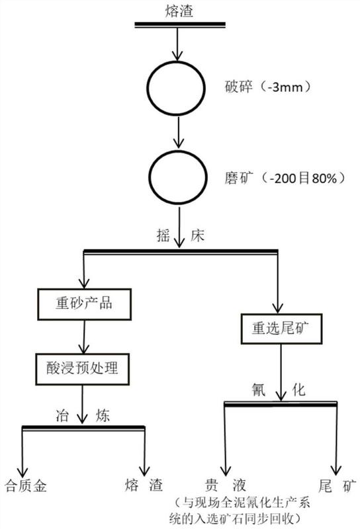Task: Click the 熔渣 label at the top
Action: [x=179, y=11]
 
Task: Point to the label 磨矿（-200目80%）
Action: [x=285, y=177]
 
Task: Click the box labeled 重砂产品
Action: [x=84, y=304]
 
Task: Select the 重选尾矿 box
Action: [x=281, y=329]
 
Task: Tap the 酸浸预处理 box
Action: [x=83, y=369]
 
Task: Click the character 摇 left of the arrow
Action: [x=163, y=235]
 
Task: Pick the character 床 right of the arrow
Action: [x=197, y=235]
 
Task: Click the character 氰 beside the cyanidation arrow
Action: [x=259, y=389]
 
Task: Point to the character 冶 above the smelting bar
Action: [x=62, y=415]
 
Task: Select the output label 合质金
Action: [x=26, y=486]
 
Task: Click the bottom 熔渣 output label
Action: [x=144, y=485]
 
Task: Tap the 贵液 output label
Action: [x=225, y=485]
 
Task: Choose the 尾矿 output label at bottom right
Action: [x=337, y=486]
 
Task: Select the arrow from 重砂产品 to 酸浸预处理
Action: [x=84, y=337]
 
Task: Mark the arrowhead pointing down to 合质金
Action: [x=22, y=471]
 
